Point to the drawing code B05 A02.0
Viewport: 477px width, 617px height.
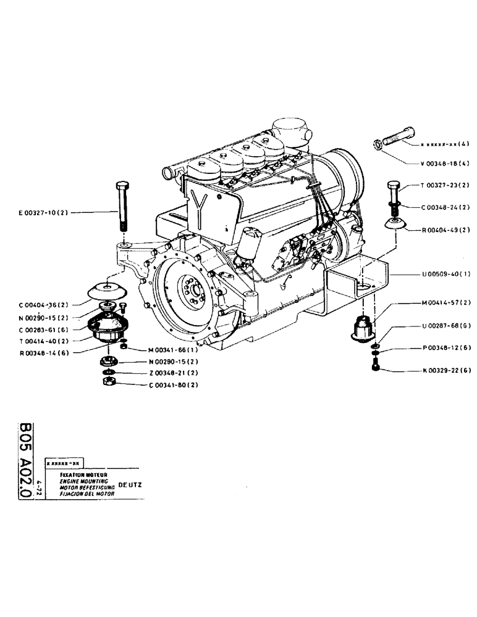pyautogui.click(x=28, y=462)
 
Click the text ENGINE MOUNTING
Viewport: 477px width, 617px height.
pyautogui.click(x=84, y=480)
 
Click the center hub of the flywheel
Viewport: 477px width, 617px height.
pyautogui.click(x=189, y=288)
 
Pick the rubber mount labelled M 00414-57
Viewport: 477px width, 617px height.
pyautogui.click(x=362, y=327)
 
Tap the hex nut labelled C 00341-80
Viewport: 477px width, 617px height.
pyautogui.click(x=106, y=384)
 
